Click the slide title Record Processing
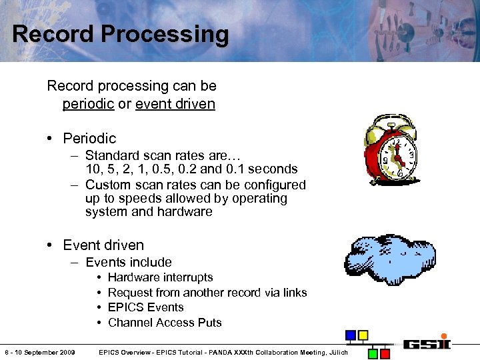(x=120, y=34)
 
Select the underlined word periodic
(x=88, y=104)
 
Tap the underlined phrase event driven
(x=175, y=104)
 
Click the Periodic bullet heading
(x=89, y=139)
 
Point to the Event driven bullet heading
(x=103, y=245)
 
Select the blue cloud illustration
(x=389, y=258)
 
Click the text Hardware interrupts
(x=160, y=277)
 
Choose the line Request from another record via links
(x=207, y=293)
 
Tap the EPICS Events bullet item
(x=145, y=307)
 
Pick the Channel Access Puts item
(x=165, y=323)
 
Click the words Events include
(x=129, y=263)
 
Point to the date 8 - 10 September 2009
(x=39, y=352)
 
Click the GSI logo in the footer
(x=426, y=345)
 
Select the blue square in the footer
(x=351, y=335)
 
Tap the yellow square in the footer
(x=363, y=335)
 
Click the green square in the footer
(x=374, y=353)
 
